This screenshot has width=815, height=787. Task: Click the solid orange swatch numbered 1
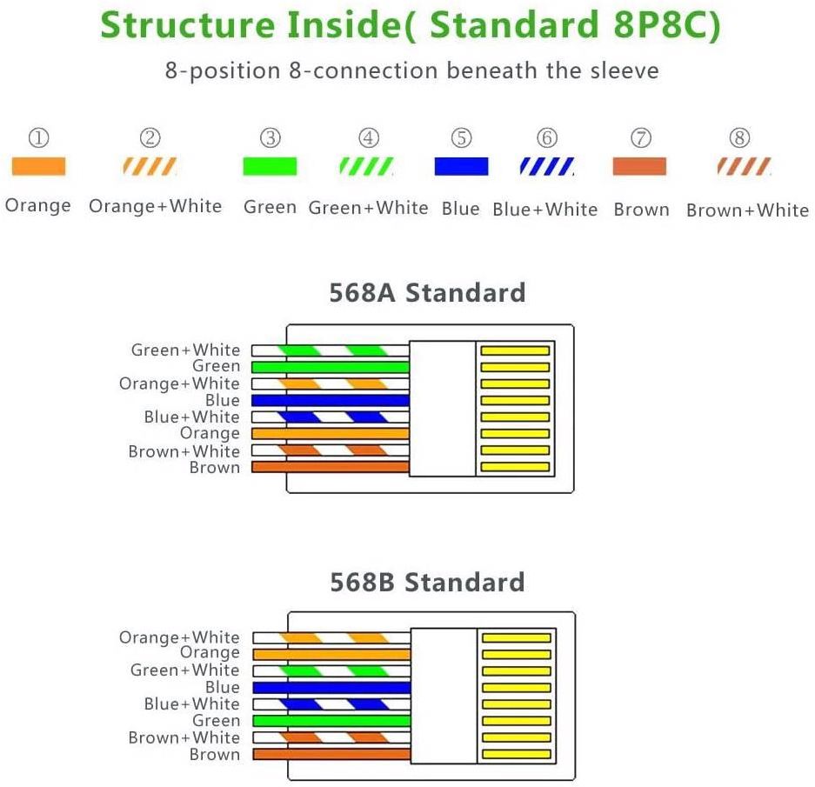coord(38,166)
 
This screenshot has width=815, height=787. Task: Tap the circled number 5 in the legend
coord(461,138)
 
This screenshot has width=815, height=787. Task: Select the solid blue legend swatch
coord(461,166)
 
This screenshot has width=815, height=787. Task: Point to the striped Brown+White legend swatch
coord(744,166)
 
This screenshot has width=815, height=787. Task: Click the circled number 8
coord(740,138)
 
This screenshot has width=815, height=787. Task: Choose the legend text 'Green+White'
coord(368,208)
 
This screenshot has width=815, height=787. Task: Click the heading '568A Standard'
coord(427,292)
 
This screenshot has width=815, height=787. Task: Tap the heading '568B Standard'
coord(427,582)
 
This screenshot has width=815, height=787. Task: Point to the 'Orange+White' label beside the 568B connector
coord(179,637)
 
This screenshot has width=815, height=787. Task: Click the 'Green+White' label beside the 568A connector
coord(185,350)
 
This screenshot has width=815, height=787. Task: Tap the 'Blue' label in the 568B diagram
coord(223,687)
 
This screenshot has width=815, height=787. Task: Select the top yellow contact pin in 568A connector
coord(516,350)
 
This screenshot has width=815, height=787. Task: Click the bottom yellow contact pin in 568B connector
coord(516,754)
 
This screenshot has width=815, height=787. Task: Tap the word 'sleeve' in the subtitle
coord(623,70)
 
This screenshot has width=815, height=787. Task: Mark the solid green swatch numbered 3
coord(270,166)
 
